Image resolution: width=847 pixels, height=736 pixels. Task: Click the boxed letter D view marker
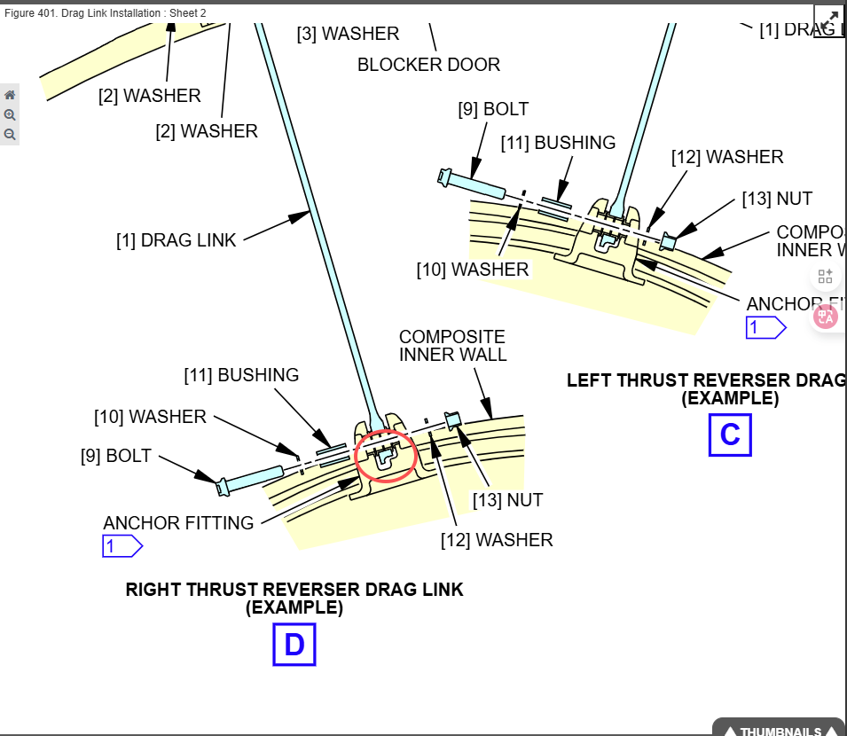tap(294, 645)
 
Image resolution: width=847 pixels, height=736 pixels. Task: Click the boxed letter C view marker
tap(729, 435)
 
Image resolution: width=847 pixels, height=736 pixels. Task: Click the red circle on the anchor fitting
tap(386, 456)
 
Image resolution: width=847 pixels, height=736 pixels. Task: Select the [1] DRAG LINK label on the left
tap(176, 240)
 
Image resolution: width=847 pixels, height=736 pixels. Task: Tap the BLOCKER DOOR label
tap(428, 65)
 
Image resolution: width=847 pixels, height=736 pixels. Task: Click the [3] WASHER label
tap(348, 34)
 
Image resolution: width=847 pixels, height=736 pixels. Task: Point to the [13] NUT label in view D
tap(507, 500)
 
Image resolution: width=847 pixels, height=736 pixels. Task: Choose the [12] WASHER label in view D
tap(497, 539)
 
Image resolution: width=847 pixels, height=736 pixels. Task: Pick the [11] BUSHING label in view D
tap(241, 375)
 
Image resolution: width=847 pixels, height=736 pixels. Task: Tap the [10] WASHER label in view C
tap(473, 269)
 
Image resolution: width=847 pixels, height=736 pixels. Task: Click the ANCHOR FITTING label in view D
tap(178, 523)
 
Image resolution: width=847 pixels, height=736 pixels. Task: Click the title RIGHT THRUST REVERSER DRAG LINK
tap(294, 590)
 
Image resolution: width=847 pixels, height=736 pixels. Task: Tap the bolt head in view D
tap(224, 485)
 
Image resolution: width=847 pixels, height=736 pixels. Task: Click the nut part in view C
tap(668, 241)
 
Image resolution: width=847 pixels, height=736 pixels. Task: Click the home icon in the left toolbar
tap(10, 95)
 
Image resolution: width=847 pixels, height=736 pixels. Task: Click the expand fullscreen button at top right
tap(827, 20)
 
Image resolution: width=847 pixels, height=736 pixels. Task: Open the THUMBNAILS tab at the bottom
tap(780, 730)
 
